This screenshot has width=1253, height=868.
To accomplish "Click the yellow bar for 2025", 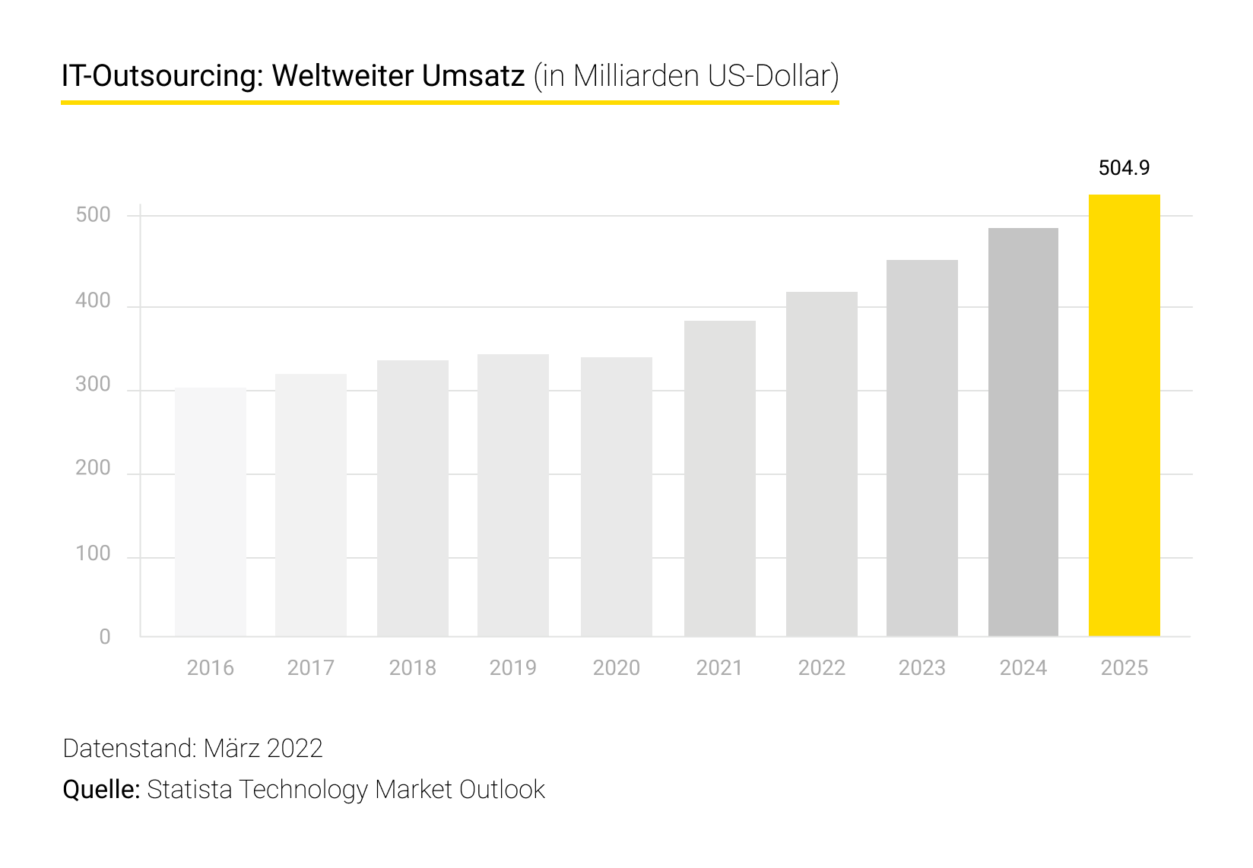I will pyautogui.click(x=1124, y=416).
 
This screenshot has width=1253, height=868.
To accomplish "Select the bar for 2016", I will pyautogui.click(x=211, y=512).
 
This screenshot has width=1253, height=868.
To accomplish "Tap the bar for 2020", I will pyautogui.click(x=616, y=497).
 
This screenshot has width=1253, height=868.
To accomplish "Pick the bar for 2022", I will pyautogui.click(x=821, y=464).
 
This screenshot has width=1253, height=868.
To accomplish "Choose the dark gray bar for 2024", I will pyautogui.click(x=1023, y=432).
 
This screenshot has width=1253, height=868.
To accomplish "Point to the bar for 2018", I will pyautogui.click(x=412, y=499).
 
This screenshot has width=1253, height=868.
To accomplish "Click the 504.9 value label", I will pyautogui.click(x=1124, y=168).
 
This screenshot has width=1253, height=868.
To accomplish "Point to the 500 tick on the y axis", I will pyautogui.click(x=93, y=215).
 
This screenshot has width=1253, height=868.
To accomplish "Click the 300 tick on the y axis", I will pyautogui.click(x=93, y=385).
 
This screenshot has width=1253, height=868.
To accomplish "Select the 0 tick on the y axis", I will pyautogui.click(x=105, y=637).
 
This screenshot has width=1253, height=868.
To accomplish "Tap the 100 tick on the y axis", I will pyautogui.click(x=93, y=553).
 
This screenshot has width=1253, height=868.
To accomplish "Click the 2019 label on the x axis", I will pyautogui.click(x=512, y=667).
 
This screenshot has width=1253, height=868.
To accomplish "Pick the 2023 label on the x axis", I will pyautogui.click(x=922, y=667).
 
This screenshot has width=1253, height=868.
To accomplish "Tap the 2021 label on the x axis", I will pyautogui.click(x=718, y=667).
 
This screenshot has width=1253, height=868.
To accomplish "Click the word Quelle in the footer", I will pyautogui.click(x=100, y=789).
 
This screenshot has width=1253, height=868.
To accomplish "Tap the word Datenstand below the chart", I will pyautogui.click(x=128, y=749).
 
